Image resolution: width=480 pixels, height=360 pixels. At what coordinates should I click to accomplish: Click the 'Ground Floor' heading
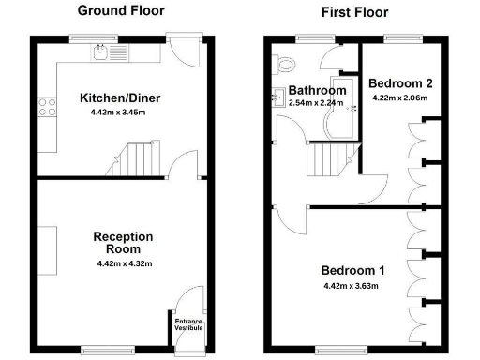(x=120, y=11)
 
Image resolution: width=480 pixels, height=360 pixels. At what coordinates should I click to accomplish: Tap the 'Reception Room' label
(x=117, y=243)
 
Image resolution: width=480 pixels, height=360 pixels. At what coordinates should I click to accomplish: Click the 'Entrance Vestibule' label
(x=189, y=324)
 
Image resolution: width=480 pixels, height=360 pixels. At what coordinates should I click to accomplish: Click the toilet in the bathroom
(x=287, y=64)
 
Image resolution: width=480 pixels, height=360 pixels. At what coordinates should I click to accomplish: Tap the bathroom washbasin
(x=278, y=96)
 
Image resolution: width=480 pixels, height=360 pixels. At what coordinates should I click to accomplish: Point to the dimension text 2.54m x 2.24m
(x=317, y=102)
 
